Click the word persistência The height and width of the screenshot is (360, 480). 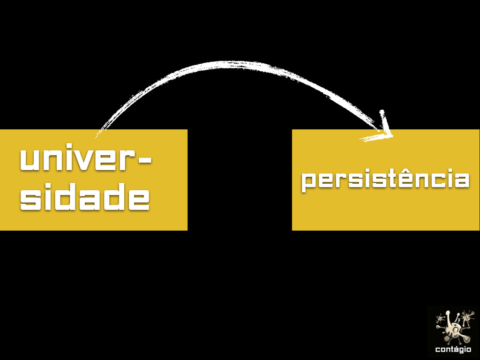[x=385, y=180]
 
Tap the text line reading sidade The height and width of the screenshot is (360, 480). [x=85, y=199]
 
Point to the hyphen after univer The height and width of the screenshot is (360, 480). [x=145, y=160]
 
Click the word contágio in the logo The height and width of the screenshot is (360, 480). [x=453, y=349]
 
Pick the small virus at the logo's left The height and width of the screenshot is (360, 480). [x=440, y=319]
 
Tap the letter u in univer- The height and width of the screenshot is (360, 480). [x=29, y=161]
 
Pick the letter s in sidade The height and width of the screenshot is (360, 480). [x=30, y=200]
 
